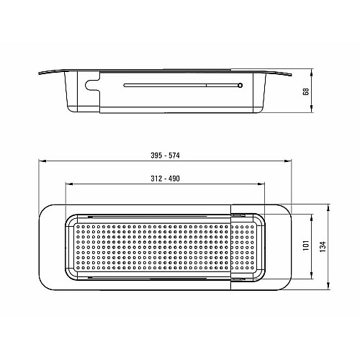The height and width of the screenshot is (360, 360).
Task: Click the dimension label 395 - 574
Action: pos(165,156)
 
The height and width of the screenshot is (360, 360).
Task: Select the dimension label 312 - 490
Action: pos(165,179)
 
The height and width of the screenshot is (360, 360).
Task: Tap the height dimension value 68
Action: pos(306,91)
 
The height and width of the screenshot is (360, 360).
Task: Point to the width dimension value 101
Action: pos(306,246)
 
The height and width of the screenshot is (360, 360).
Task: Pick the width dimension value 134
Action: pos(323,246)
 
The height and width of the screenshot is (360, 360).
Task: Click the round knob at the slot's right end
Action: pos(240,85)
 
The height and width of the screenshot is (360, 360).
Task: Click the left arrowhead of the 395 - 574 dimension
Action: pos(42,161)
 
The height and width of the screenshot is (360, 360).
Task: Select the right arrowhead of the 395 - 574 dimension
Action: pos(288,161)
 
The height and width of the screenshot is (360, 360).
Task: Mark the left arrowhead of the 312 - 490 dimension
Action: pos(69,184)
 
